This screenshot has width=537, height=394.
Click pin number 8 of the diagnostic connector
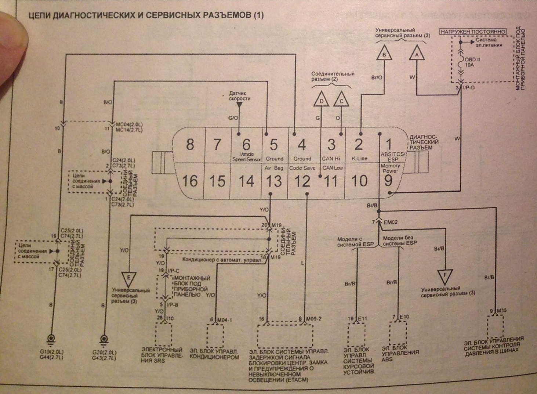(190, 144)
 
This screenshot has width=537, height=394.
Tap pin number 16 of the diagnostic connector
(190, 181)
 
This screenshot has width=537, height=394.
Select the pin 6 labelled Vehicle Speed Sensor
(246, 145)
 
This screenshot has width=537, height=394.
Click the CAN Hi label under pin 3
(331, 159)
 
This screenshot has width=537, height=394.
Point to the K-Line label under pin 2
(359, 159)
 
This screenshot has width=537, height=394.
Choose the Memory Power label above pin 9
(390, 169)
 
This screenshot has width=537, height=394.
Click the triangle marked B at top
(384, 54)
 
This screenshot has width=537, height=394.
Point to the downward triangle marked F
(445, 275)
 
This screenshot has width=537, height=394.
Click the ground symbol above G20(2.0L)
(105, 339)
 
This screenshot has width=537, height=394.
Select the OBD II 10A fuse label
(472, 62)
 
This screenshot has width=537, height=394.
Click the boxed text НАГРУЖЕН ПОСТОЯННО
(473, 32)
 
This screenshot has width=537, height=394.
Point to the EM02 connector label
(390, 222)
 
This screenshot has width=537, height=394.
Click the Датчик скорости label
(240, 96)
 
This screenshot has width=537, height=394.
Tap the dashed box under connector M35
(496, 325)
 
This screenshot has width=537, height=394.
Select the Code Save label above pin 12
(302, 168)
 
